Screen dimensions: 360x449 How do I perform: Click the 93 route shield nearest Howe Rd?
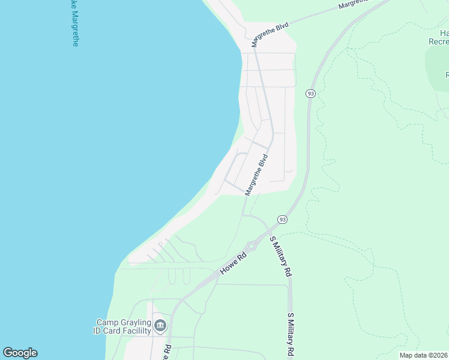pyautogui.click(x=283, y=220)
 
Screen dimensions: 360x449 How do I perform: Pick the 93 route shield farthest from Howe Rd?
pyautogui.click(x=310, y=94)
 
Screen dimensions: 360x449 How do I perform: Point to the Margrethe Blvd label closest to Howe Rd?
pyautogui.click(x=256, y=174)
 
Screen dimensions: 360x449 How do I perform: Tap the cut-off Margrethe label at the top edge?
pyautogui.click(x=354, y=4)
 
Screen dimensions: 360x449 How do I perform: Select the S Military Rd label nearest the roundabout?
pyautogui.click(x=281, y=256)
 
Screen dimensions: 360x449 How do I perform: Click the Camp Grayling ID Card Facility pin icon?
pyautogui.click(x=160, y=326)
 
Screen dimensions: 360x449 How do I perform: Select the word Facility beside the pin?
pyautogui.click(x=136, y=331)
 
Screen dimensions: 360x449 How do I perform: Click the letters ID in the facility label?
pyautogui.click(x=98, y=331)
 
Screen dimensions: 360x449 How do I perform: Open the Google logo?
pyautogui.click(x=20, y=353)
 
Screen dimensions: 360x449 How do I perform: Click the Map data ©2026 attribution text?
pyautogui.click(x=424, y=355)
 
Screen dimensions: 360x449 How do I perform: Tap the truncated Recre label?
pyautogui.click(x=438, y=41)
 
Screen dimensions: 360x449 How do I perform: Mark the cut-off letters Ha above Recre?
pyautogui.click(x=443, y=33)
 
